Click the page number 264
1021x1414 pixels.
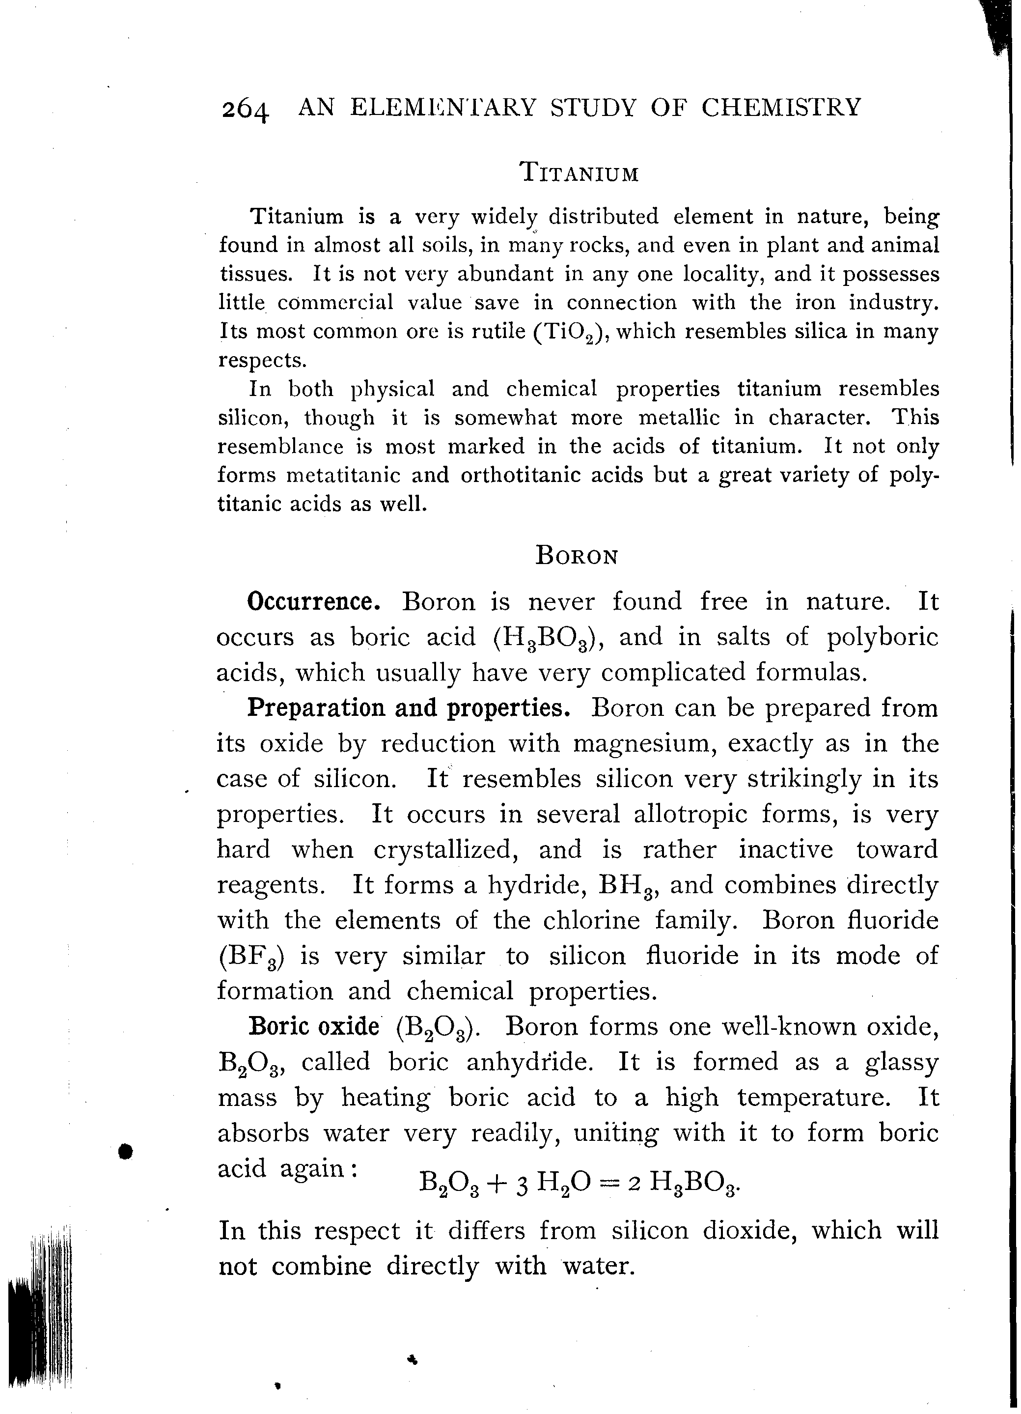[x=245, y=111]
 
